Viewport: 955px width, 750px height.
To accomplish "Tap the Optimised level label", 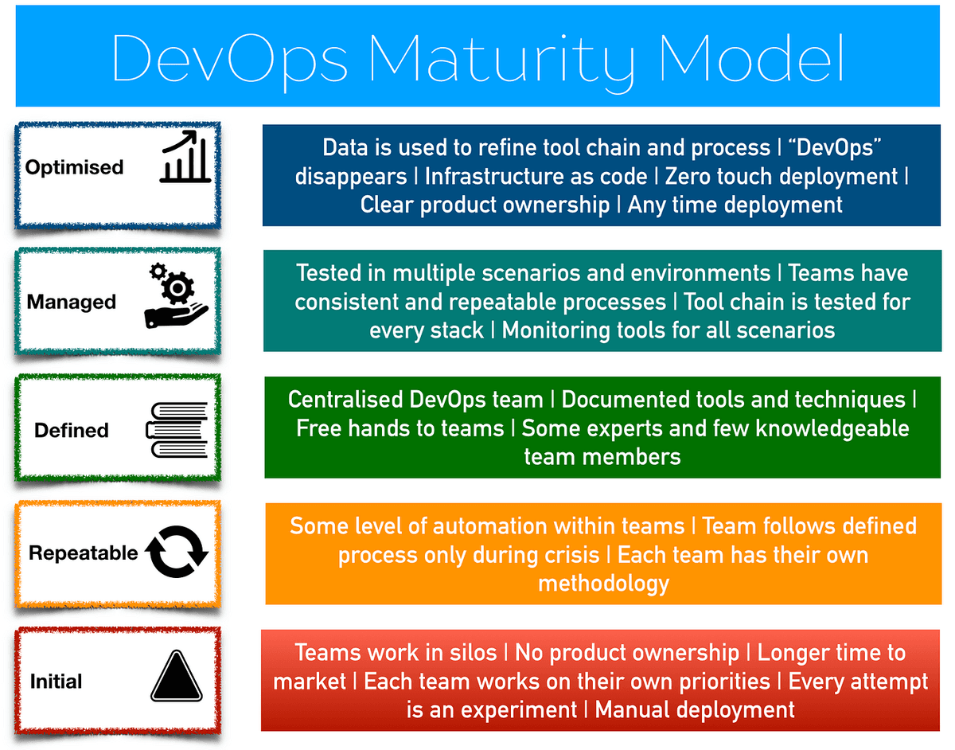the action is (74, 167).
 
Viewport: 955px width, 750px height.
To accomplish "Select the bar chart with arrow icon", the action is (185, 157).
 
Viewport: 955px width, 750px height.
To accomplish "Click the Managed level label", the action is (71, 302).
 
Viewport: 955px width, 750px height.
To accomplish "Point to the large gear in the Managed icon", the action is (177, 288).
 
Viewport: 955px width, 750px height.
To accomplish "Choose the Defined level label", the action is (72, 431).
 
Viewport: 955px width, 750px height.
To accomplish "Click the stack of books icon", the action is (177, 431).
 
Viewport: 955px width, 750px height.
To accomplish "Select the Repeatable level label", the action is (83, 553).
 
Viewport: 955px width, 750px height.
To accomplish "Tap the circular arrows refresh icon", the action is (177, 552).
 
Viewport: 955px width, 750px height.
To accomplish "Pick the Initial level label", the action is (57, 682).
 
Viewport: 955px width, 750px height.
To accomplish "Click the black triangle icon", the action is (177, 677).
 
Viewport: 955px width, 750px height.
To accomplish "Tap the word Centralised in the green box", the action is (345, 400).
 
